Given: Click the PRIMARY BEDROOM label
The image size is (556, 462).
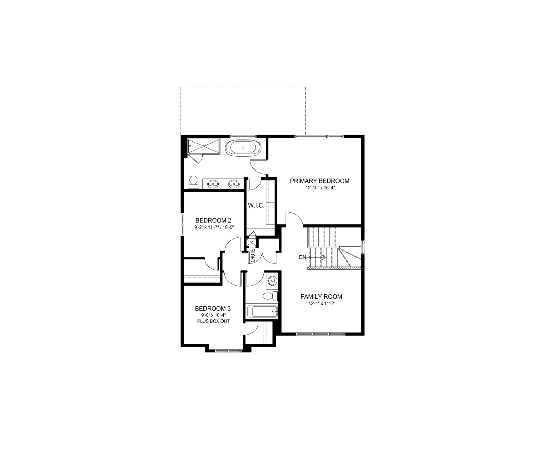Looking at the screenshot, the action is point(320,181).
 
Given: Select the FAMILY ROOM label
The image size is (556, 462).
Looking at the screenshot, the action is point(321,297).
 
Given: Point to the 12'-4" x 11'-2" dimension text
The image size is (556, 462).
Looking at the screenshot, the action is point(321,303).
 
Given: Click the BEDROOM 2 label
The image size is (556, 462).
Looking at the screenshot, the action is point(213,220).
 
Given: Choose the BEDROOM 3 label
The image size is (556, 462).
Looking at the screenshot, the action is point(213,309).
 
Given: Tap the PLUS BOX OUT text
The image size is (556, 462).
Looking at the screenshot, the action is point(213,321).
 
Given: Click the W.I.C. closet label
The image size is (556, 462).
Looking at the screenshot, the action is point(256,206).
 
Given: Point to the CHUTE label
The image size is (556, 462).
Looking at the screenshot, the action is point(253,255).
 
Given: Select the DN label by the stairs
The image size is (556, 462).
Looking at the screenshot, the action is point(302,257).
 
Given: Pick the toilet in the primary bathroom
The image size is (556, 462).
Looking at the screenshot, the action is point(193,183).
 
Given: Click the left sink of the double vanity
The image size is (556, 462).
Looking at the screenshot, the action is point(213,184).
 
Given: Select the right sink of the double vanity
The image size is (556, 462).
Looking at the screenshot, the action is point(233,184).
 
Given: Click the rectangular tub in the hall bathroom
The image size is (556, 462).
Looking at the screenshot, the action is point(262,312).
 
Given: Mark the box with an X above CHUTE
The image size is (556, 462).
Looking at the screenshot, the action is point(251,242).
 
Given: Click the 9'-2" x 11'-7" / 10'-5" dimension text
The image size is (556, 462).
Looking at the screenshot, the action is point(213,227).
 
